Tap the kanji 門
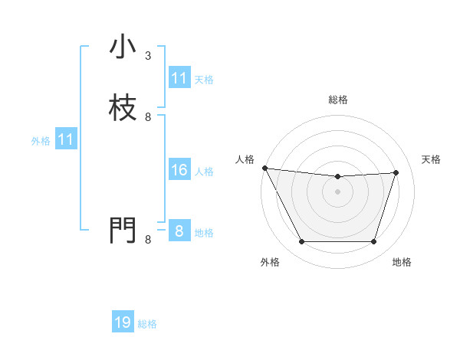point(123,230)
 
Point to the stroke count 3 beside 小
point(148,56)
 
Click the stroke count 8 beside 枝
point(148,117)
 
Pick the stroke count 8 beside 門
point(148,240)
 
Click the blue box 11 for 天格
point(179,78)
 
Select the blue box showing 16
point(179,170)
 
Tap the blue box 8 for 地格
point(179,231)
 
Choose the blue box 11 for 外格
point(66,139)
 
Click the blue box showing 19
point(123,322)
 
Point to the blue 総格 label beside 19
point(147,324)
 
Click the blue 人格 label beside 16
point(204,172)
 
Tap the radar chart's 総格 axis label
point(338,100)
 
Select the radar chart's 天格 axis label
point(432,159)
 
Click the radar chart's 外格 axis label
point(270,263)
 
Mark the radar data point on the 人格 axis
point(264,168)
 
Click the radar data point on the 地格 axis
point(374,242)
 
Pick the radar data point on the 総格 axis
point(338,177)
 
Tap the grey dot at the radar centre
point(338,192)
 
